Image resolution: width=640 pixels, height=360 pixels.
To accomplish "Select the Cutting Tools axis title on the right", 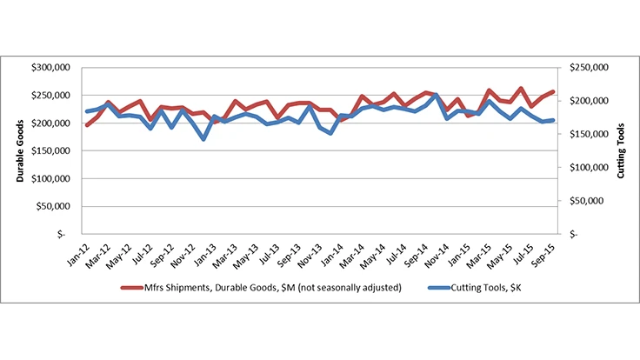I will (621, 150).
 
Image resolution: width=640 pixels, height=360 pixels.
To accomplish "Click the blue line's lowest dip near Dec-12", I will (203, 138).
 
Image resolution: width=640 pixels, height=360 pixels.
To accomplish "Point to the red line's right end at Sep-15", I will (553, 92).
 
